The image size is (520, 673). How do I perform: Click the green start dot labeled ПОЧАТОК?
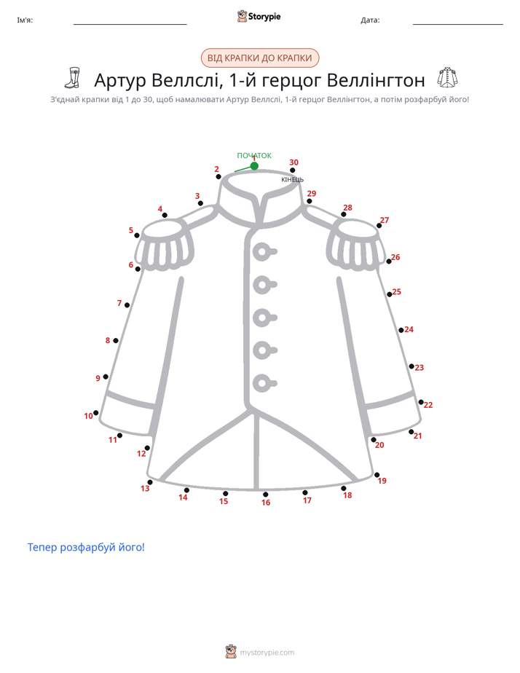coord(254,165)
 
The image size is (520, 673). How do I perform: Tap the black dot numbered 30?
coord(293,170)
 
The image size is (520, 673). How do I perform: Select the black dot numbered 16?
coord(266,495)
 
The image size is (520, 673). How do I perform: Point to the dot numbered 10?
coord(95,413)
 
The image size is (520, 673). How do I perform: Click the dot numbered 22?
coord(421,402)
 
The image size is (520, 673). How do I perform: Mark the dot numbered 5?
coord(137,235)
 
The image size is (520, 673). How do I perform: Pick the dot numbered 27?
coord(379,226)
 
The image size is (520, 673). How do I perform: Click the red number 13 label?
coord(145,489)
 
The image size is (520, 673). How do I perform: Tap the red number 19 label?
coord(382,481)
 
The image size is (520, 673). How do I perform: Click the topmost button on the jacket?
coord(264,251)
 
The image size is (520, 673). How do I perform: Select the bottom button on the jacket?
coord(264,383)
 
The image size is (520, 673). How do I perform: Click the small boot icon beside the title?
coord(73,78)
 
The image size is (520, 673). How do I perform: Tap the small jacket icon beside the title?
coord(447,78)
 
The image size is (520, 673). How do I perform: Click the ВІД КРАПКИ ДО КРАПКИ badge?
coord(260,58)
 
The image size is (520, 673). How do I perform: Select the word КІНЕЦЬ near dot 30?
coord(292,179)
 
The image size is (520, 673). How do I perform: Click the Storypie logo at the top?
coord(259,16)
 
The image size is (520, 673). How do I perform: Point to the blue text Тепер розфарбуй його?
coord(86,547)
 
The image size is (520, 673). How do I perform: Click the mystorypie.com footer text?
coord(267,653)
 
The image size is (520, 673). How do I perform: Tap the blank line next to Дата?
coord(458,24)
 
